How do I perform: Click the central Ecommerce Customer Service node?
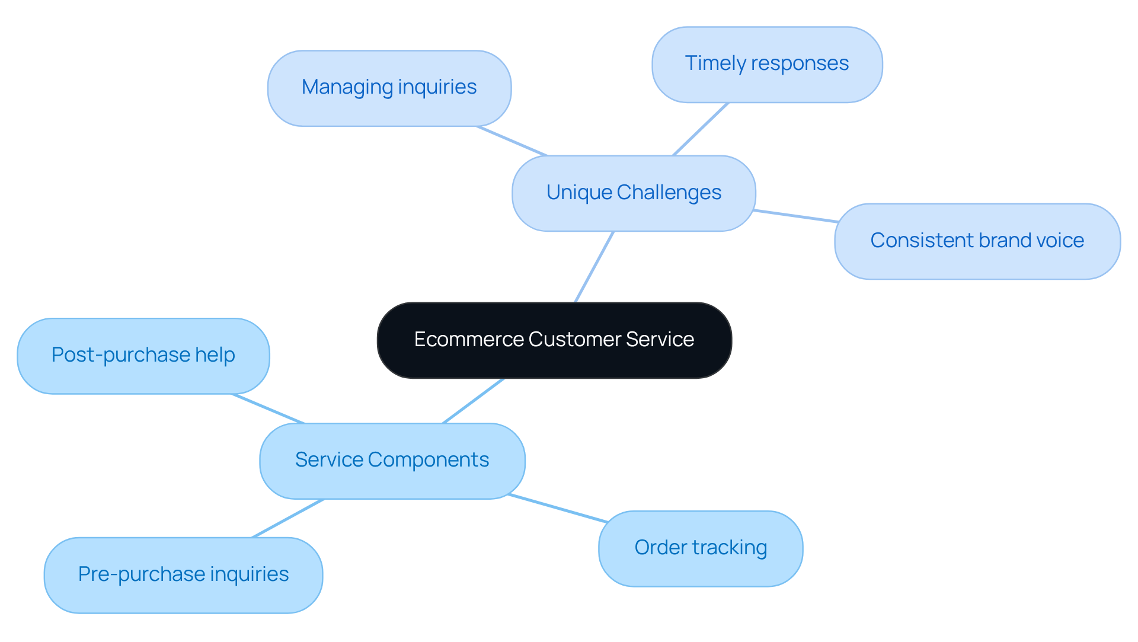[x=554, y=340]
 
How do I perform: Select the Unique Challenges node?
[x=634, y=193]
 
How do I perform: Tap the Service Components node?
[x=392, y=461]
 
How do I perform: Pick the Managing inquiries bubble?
[x=389, y=88]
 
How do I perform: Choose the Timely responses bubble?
[x=766, y=64]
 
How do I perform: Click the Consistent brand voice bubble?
[x=977, y=241]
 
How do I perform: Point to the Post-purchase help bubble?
[x=143, y=356]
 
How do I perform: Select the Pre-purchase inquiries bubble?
[x=183, y=575]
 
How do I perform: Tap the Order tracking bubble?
[x=700, y=548]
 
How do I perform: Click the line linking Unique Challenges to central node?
[x=594, y=267]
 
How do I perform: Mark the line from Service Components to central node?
[x=473, y=401]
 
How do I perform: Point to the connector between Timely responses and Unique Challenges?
[x=701, y=129]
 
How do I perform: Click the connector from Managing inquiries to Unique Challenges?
[x=512, y=140]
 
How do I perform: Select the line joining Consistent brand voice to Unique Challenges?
[x=795, y=216]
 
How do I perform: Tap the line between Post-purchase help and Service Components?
[x=268, y=408]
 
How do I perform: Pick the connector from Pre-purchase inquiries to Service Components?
[x=288, y=518]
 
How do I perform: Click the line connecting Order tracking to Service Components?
[x=558, y=508]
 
